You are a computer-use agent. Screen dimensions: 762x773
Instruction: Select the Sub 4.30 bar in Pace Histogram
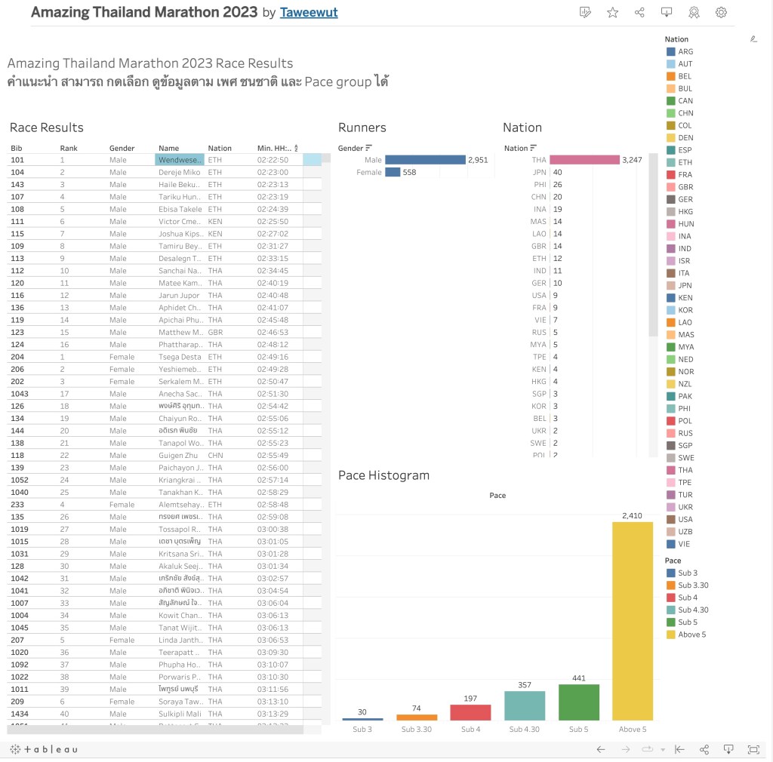click(524, 705)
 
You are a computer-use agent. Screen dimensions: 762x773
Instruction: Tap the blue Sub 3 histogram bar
click(362, 719)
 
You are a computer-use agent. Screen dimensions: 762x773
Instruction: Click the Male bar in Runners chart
click(425, 160)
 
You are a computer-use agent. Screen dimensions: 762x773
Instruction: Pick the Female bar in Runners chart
click(393, 172)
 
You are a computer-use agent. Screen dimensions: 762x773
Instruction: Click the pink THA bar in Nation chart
click(584, 160)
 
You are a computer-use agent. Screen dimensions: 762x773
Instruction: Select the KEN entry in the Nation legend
click(685, 298)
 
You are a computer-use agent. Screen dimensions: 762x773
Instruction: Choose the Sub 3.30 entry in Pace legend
click(692, 585)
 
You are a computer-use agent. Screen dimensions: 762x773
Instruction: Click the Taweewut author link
click(309, 13)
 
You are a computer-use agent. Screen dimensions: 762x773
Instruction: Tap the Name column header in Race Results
click(168, 148)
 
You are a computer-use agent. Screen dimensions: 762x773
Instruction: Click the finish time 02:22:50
click(273, 160)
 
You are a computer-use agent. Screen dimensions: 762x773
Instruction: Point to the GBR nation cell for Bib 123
click(215, 332)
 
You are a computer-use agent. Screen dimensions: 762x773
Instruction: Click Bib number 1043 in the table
click(20, 393)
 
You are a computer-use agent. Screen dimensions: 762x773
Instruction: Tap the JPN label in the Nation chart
click(538, 172)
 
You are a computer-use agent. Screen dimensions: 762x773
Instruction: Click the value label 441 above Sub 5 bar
click(578, 678)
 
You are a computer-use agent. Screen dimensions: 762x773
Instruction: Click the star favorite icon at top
click(612, 12)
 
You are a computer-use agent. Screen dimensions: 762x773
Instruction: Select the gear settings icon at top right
click(721, 12)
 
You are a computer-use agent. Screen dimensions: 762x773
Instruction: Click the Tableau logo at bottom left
click(43, 749)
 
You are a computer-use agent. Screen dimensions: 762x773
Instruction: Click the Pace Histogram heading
click(383, 475)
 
